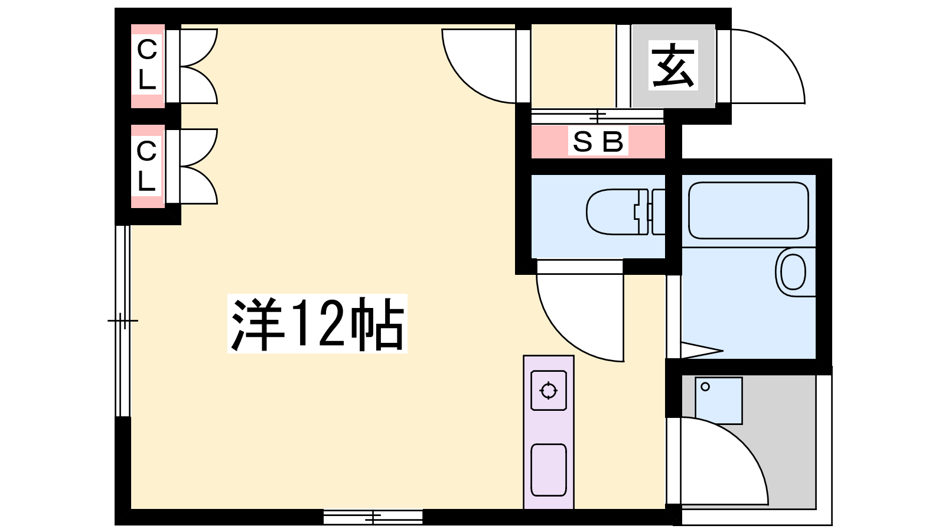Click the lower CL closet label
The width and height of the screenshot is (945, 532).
[x=147, y=166]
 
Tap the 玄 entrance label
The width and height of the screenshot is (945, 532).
[x=673, y=66]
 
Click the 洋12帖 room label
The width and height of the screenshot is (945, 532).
[x=317, y=323]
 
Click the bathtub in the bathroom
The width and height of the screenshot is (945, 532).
[x=748, y=210]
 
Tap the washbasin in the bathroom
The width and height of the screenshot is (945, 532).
[x=794, y=272]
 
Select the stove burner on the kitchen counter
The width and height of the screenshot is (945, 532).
[x=549, y=391]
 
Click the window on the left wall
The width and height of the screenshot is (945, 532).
[x=123, y=321]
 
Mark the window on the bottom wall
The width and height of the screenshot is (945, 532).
[x=373, y=517]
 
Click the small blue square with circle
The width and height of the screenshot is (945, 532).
[x=718, y=401]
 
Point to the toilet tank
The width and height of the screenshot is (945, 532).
[x=659, y=212]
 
